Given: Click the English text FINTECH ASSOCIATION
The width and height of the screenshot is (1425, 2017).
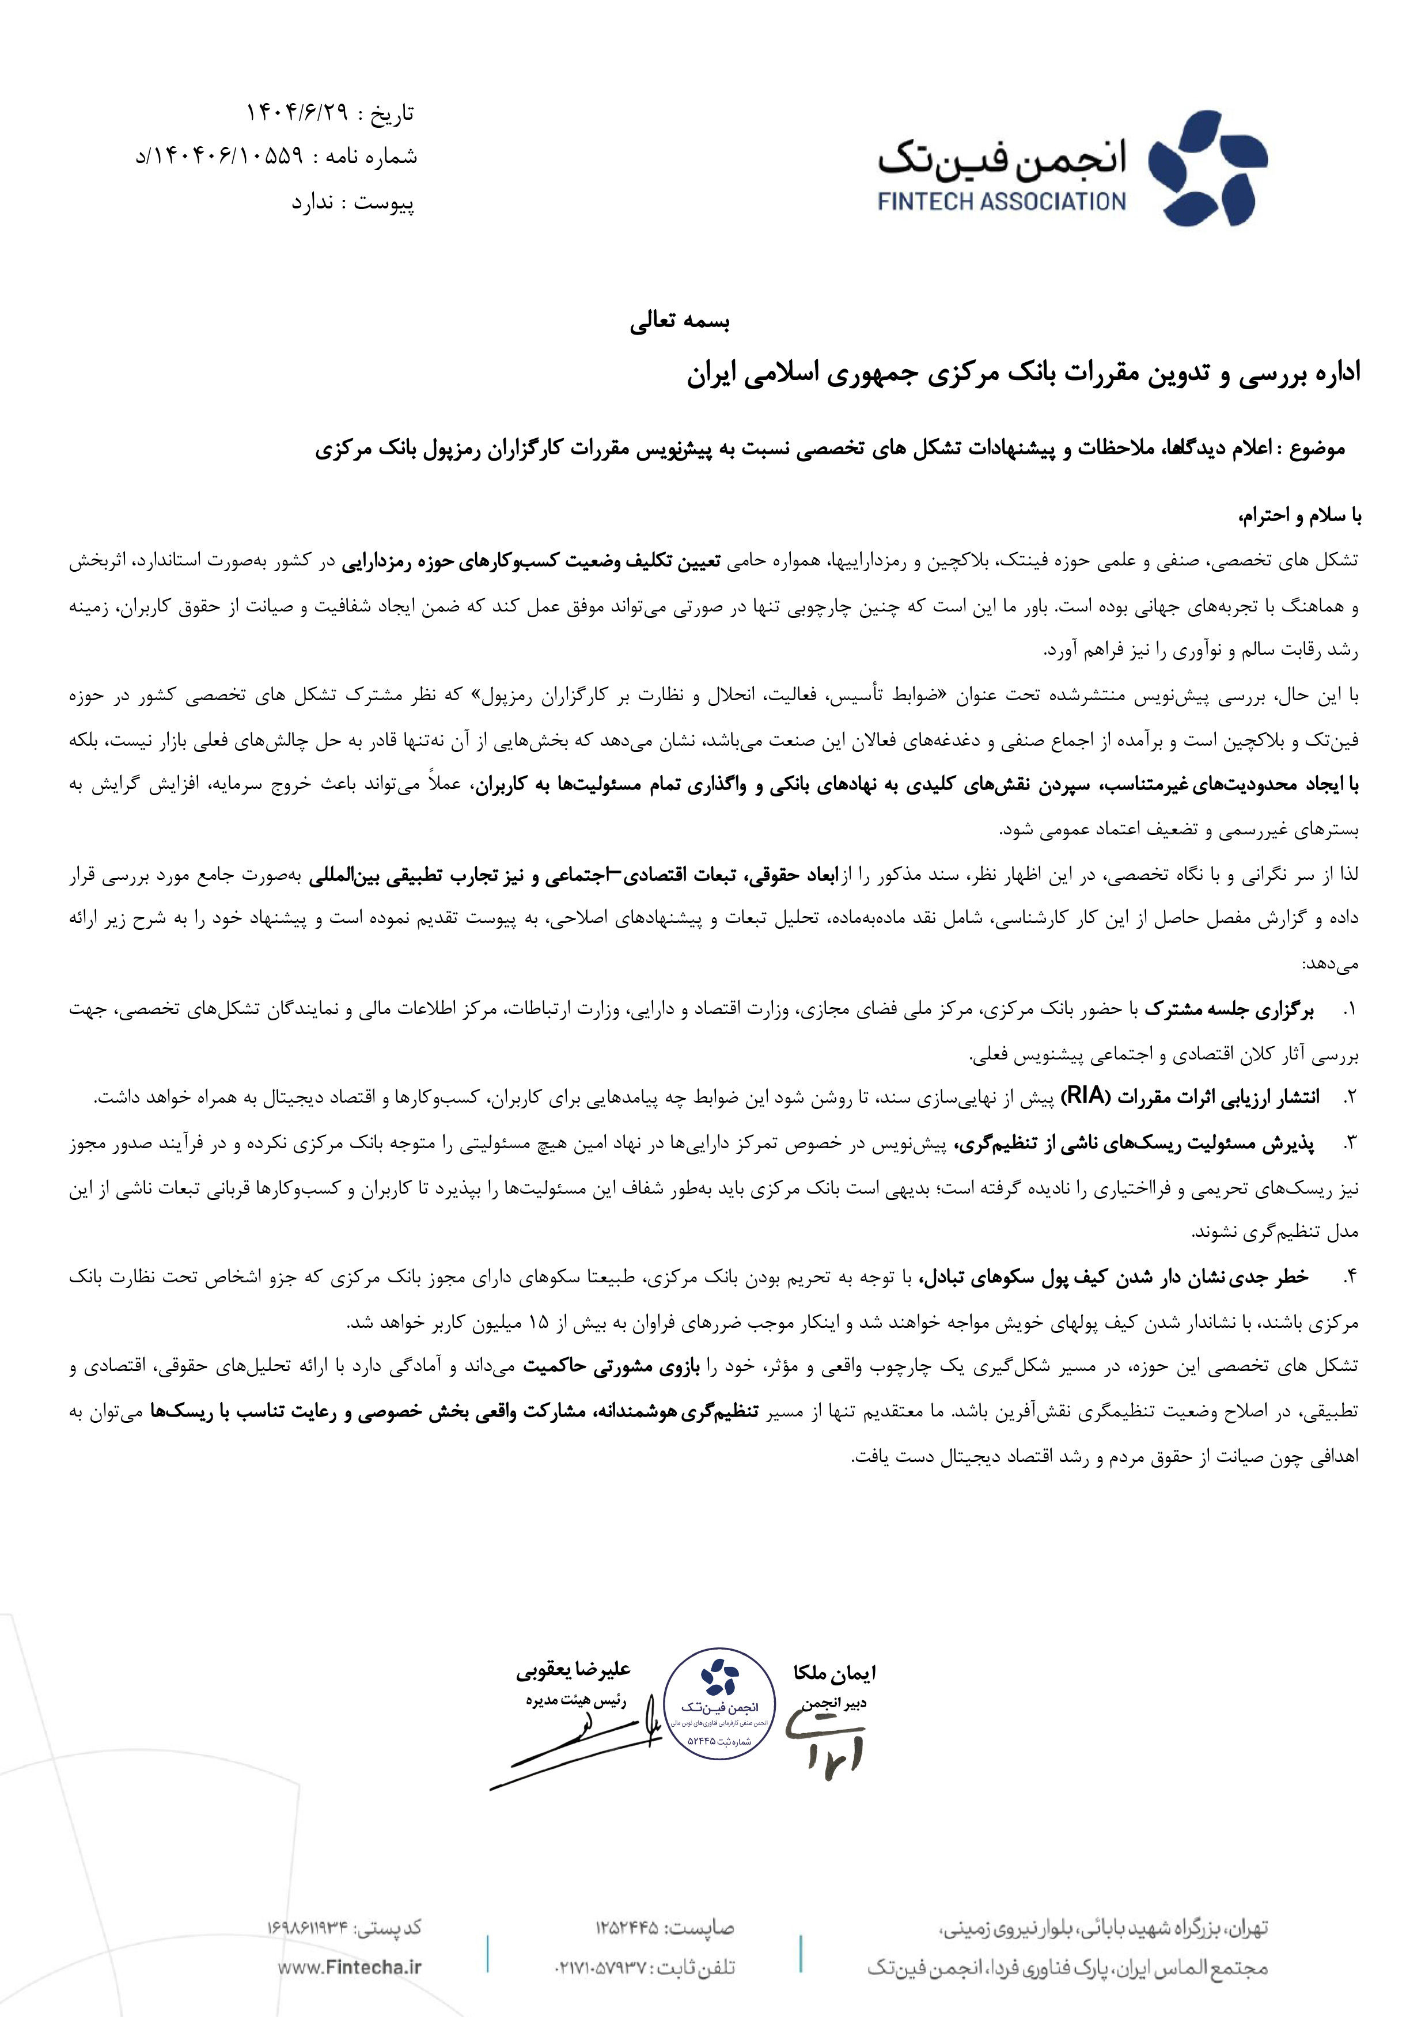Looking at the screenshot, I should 1002,202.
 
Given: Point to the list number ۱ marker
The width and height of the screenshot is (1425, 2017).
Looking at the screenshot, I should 1350,1011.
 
